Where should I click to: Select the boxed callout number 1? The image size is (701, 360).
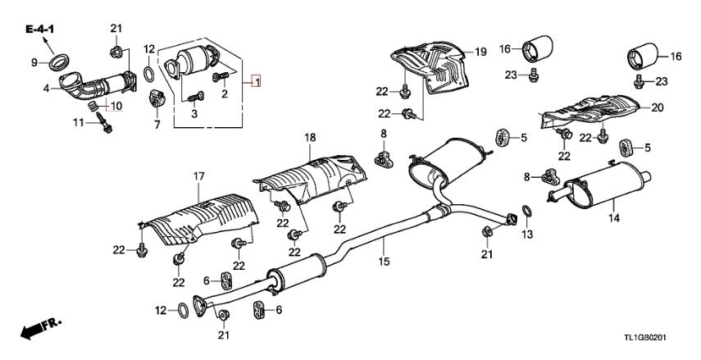[x=257, y=82]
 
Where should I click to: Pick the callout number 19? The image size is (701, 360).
[x=480, y=52]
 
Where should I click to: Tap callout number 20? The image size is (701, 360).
[x=656, y=107]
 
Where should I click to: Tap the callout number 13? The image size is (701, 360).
[x=528, y=235]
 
